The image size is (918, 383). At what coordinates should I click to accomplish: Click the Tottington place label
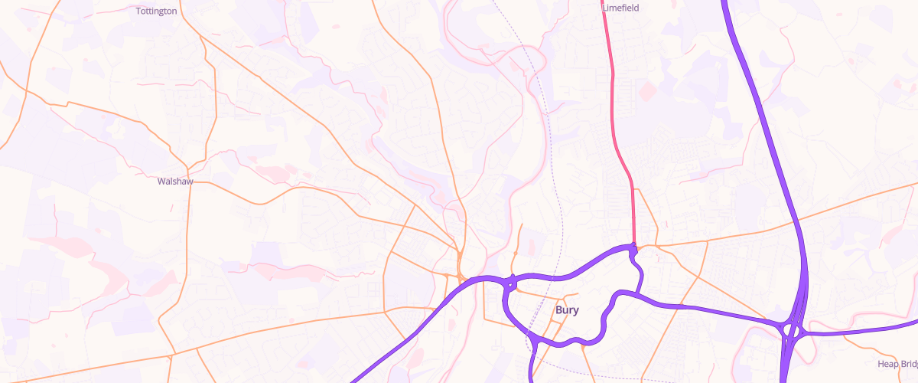(156, 11)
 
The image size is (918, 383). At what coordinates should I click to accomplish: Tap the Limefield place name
(620, 8)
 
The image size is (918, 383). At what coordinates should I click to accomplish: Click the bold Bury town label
(566, 310)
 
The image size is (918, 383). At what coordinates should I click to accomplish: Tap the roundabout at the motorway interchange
(793, 329)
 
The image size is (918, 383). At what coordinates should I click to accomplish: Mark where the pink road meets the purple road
(633, 247)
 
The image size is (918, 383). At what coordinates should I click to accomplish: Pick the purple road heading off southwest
(398, 342)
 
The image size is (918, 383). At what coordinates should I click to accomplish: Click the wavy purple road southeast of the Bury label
(604, 322)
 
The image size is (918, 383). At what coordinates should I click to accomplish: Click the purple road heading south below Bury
(533, 364)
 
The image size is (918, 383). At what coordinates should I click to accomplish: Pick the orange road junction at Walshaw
(188, 168)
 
